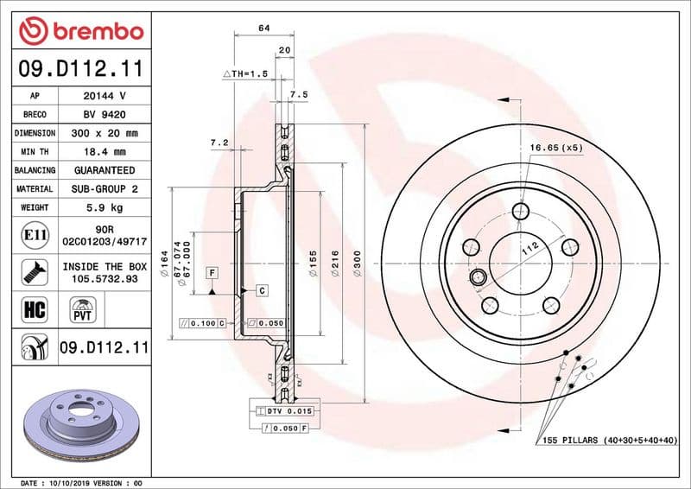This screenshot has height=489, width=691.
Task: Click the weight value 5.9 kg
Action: pos(105,207)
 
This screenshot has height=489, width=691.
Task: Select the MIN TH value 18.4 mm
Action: pos(105,152)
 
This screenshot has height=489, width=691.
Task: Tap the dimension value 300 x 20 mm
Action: pos(105,134)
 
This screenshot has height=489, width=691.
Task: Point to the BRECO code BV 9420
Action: pos(105,115)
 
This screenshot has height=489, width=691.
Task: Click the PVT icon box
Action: pos(84,308)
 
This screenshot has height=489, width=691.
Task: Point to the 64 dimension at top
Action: pos(263,29)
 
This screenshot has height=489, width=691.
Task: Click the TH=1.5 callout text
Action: pos(247,74)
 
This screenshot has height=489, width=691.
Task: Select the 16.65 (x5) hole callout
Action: pos(556,149)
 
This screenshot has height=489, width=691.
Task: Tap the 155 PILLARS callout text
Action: pos(610,441)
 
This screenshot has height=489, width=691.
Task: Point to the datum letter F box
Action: pos(210,273)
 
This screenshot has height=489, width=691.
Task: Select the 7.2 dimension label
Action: pos(219,142)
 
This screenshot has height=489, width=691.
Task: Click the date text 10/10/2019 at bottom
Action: pos(67,482)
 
